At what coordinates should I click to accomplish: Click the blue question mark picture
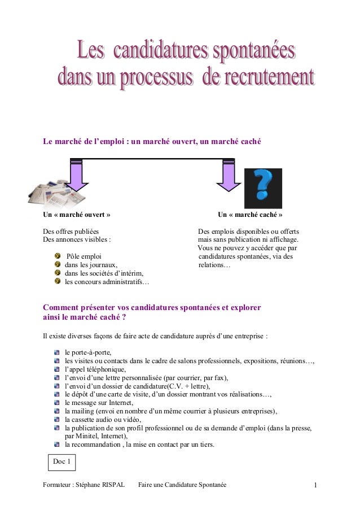263,188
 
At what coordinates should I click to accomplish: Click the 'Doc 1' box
62,462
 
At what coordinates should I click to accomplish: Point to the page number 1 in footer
316,485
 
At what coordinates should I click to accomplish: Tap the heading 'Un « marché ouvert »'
77,215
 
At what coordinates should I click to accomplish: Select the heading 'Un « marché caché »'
250,215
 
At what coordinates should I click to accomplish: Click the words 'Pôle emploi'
84,256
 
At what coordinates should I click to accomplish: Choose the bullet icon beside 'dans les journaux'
57,265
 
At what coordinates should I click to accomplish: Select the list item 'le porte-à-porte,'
88,352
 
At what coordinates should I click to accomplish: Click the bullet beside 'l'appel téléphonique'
57,370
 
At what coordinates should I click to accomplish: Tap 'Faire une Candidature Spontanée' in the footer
182,485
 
